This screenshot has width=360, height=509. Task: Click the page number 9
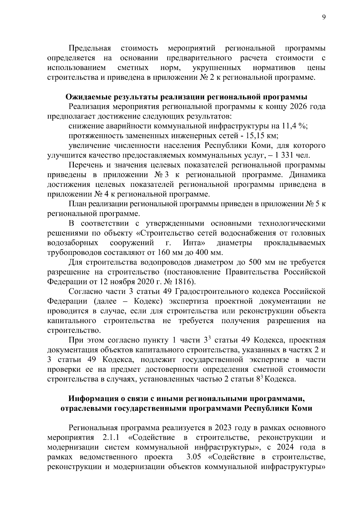pyautogui.click(x=324, y=18)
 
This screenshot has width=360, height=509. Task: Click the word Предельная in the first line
pyautogui.click(x=90, y=48)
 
